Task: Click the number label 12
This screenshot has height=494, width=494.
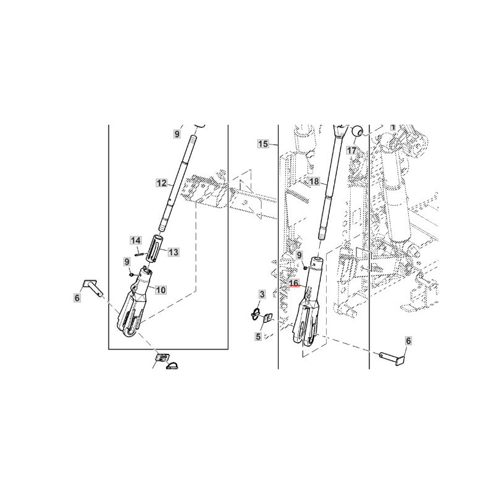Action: click(161, 183)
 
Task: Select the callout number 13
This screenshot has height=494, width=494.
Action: click(174, 252)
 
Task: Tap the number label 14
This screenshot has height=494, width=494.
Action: click(136, 241)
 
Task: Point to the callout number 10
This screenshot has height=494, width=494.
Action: click(161, 290)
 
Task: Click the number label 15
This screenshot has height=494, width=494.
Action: click(263, 144)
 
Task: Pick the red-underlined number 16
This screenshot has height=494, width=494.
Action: click(294, 283)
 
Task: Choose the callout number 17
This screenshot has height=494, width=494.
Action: click(351, 150)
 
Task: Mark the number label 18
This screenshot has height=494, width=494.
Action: click(314, 182)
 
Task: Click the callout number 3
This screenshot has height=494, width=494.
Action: click(262, 295)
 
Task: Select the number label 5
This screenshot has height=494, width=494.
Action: click(258, 337)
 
